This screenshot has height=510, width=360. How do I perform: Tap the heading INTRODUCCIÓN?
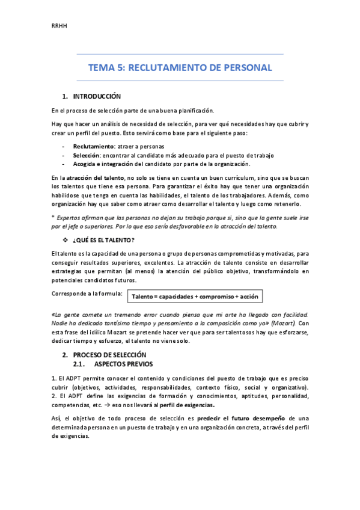tap(97, 96)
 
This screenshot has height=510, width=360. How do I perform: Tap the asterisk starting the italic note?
tap(53, 217)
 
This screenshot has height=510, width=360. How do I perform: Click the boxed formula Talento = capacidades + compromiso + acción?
tap(195, 297)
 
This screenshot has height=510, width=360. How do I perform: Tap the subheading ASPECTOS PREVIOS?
tap(124, 364)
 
